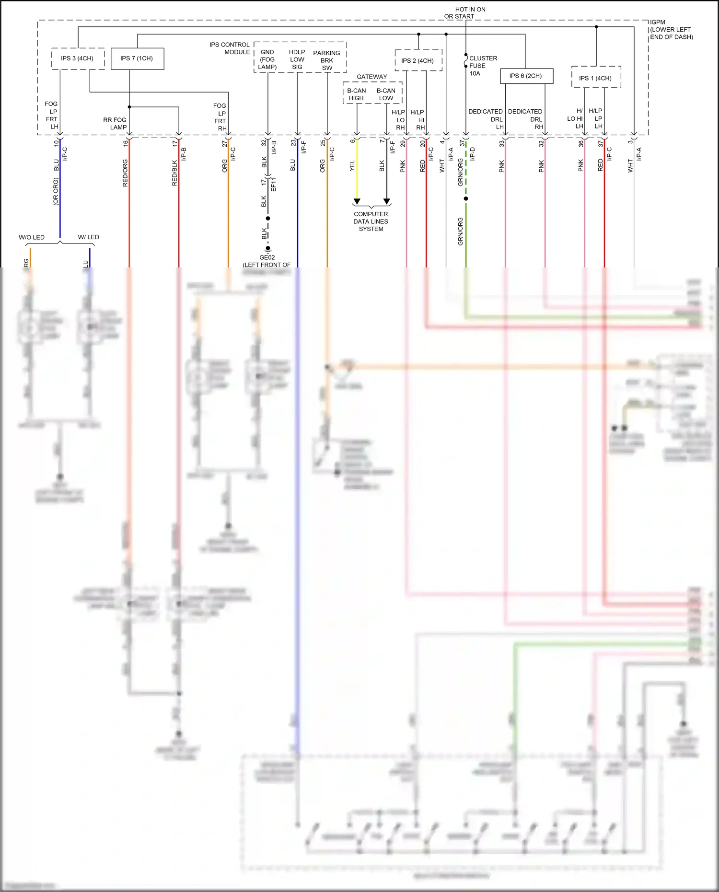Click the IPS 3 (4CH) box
78,58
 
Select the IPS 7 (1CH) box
137,58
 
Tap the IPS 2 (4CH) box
418,60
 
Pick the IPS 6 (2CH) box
526,76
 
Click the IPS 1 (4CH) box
596,78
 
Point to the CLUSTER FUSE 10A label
482,66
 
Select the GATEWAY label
371,77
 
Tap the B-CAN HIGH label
356,94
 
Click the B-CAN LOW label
386,94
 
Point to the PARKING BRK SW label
327,60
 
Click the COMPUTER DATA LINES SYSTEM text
371,221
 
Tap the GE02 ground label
267,258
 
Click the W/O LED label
32,237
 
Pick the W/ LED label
88,237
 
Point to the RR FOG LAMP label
115,124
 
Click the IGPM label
658,23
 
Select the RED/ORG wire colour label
125,173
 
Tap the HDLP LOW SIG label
297,59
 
